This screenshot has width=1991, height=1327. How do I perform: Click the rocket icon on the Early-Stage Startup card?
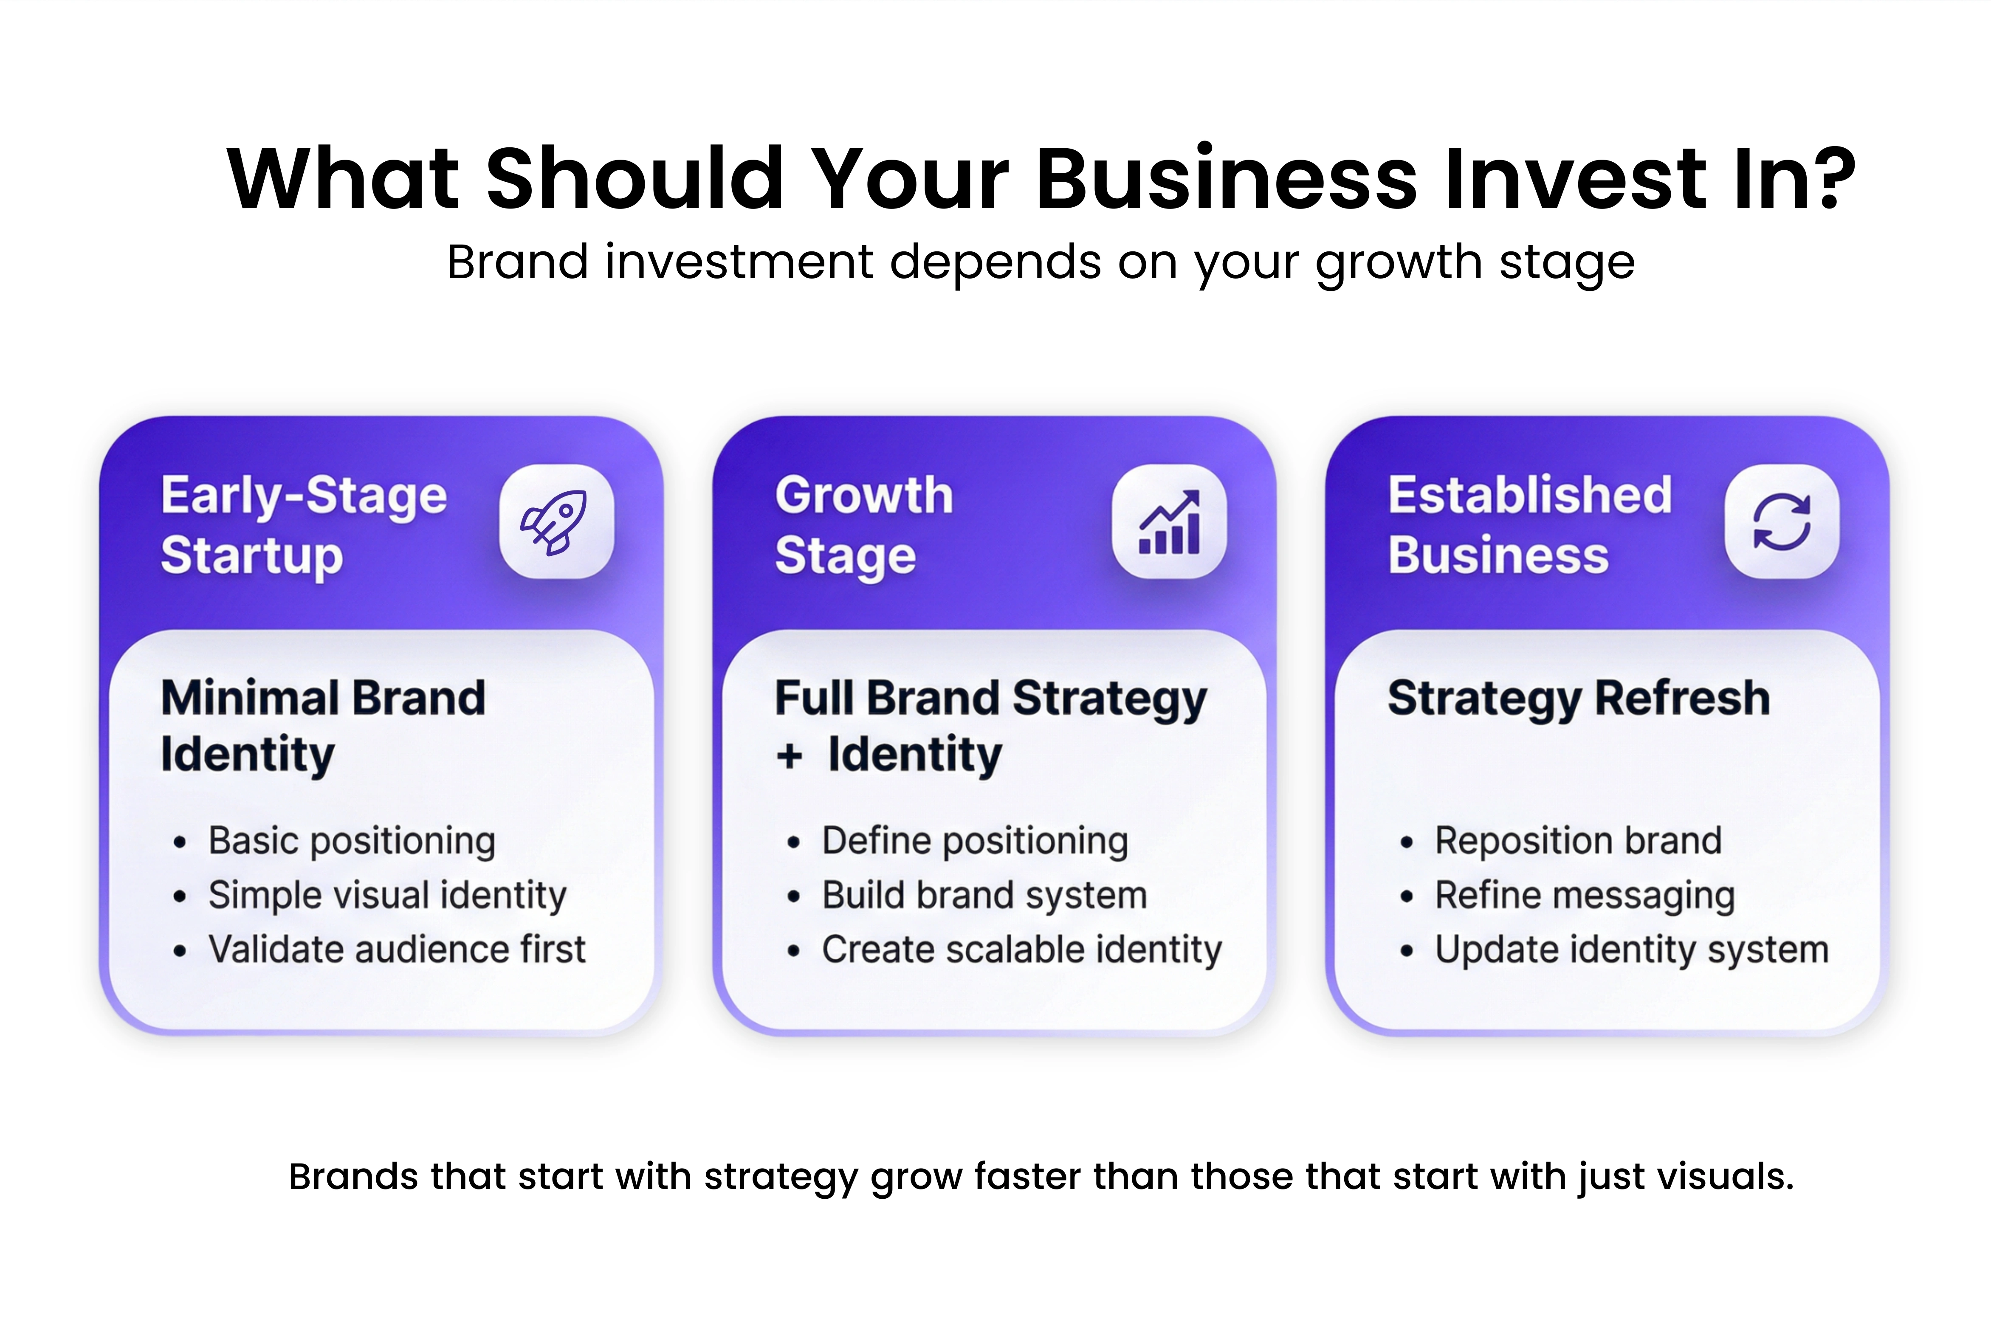click(x=556, y=521)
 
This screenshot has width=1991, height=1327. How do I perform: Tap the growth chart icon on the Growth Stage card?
click(x=1168, y=521)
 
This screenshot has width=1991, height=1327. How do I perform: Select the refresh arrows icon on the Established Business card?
click(x=1781, y=521)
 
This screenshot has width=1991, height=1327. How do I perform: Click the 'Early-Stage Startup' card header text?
click(x=303, y=525)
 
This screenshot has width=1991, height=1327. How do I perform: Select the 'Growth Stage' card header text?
click(x=863, y=525)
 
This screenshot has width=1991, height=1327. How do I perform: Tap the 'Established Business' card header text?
click(x=1529, y=525)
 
